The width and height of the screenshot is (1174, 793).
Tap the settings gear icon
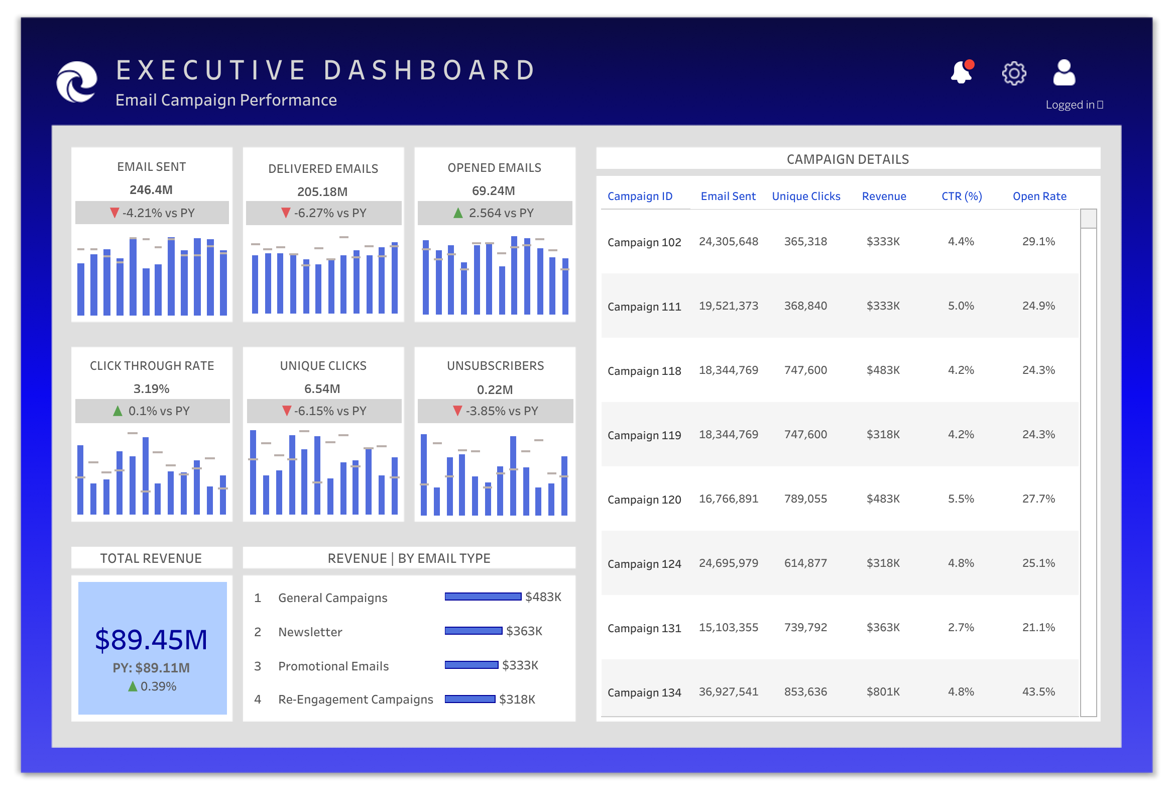coord(1014,74)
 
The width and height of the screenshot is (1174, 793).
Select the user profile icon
coord(1064,73)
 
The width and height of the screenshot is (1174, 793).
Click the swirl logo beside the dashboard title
coord(77,81)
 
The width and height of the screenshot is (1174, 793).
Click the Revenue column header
coord(884,196)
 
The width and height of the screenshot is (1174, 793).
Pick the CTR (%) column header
coord(961,196)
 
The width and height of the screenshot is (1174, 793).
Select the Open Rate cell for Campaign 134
coord(1038,691)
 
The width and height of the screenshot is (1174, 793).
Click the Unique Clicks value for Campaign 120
coord(805,499)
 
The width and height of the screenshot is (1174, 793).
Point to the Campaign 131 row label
coord(644,628)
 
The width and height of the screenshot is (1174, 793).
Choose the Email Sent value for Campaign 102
coord(729,242)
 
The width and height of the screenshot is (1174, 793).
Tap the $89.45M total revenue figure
coord(151,639)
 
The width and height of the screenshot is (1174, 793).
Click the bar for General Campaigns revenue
coord(483,597)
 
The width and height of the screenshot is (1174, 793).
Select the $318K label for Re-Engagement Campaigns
coord(517,700)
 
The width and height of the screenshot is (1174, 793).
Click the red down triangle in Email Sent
coord(114,213)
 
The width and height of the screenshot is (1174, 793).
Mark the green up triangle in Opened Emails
coord(457,213)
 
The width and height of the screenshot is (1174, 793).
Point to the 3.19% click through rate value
coord(151,388)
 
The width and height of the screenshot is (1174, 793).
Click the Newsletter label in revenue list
coord(310,632)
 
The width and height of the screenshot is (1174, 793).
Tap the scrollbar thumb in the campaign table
coord(1088,219)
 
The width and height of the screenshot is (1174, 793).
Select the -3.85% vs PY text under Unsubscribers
coord(502,411)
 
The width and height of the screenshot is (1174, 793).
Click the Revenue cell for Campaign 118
coord(883,370)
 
